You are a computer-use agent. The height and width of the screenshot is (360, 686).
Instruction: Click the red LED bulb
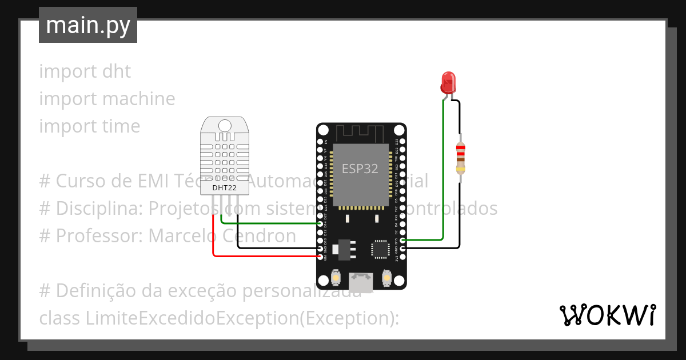[x=448, y=82]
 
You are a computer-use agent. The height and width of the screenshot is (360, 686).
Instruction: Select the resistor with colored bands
[x=460, y=159]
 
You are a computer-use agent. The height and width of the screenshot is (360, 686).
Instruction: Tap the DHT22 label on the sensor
[x=225, y=187]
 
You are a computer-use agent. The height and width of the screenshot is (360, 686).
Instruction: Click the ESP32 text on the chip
[x=360, y=169]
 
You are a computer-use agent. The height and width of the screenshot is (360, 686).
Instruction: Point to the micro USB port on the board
[x=361, y=281]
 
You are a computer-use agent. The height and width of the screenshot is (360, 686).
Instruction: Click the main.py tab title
[x=88, y=25]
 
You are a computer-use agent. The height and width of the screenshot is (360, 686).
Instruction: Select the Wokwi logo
[x=607, y=315]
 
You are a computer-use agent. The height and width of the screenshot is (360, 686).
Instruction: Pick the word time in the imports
[x=121, y=126]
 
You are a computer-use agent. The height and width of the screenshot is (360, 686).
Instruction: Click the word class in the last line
[x=60, y=318]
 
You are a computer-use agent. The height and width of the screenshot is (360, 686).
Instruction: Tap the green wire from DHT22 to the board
[x=269, y=223]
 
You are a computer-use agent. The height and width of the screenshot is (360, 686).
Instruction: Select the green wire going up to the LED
[x=443, y=171]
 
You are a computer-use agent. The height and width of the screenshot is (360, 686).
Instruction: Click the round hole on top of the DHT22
[x=225, y=125]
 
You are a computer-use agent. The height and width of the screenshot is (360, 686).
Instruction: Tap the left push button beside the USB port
[x=336, y=278]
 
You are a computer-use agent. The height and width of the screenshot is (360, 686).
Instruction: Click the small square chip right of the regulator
[x=380, y=249]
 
